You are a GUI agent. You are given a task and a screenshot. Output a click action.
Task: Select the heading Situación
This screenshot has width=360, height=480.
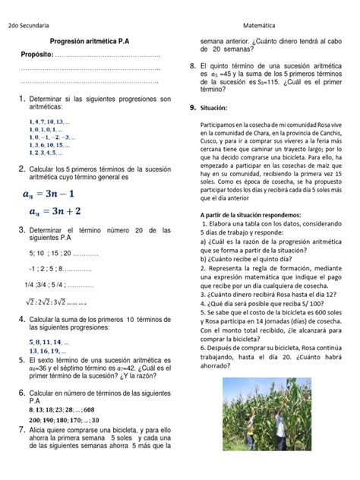point(216,109)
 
